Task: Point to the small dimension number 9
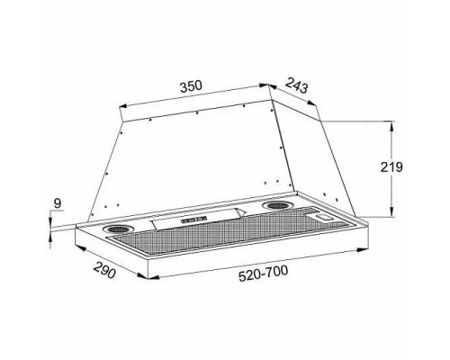click(57, 205)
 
